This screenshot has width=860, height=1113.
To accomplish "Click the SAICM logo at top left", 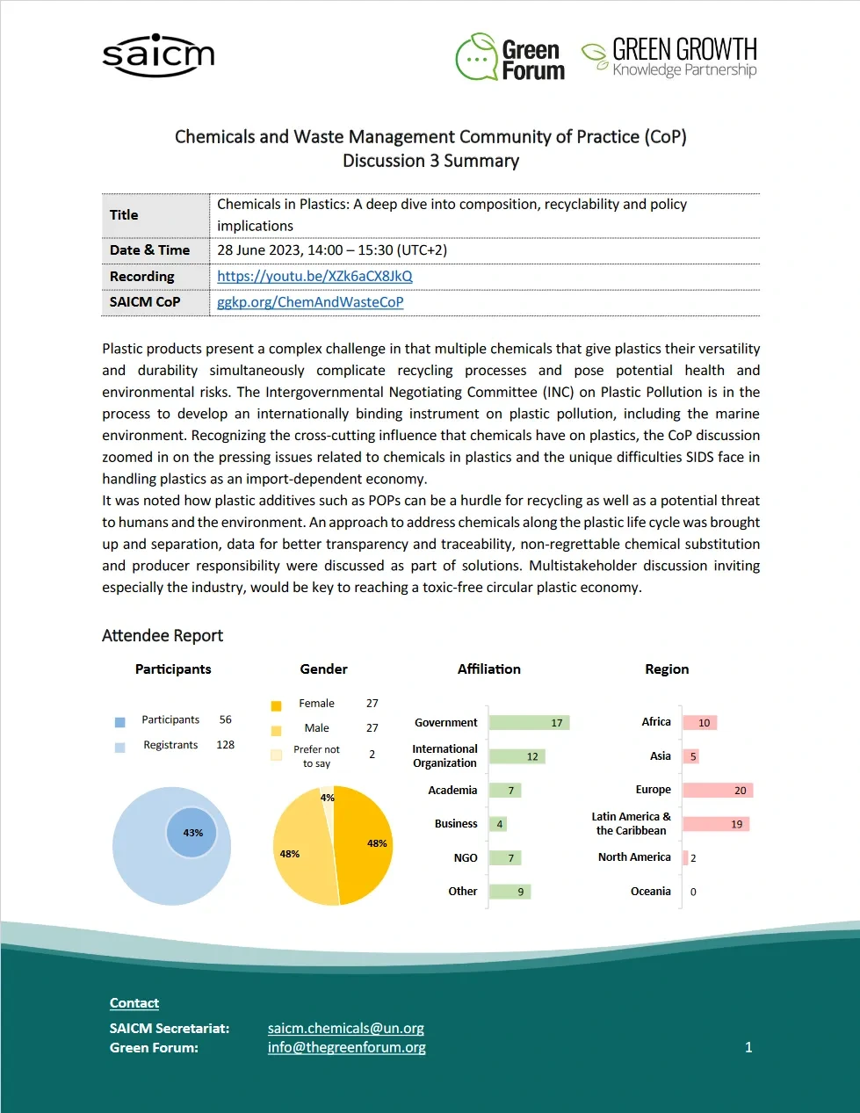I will coord(158,55).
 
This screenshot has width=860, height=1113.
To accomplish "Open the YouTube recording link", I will coord(314,276).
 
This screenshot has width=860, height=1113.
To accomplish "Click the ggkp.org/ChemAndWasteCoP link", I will coord(310,302).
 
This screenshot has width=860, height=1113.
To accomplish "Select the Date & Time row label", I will coord(149,250).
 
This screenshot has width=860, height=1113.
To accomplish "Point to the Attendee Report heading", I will coord(163,636).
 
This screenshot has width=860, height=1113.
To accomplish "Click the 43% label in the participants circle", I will coord(192,833).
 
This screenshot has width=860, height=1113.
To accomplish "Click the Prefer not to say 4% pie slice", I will coord(328,797).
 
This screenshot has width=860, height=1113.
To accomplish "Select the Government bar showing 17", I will coord(529,723).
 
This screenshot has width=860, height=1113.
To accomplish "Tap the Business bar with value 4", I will coord(498,824).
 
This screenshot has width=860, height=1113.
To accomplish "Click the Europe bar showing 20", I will coord(717,791).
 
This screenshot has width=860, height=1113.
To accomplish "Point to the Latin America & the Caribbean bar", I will coord(715,824).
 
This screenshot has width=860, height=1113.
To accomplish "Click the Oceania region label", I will coord(650,892).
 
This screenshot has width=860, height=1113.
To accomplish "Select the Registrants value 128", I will coord(225,745).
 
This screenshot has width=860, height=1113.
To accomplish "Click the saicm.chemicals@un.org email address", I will coord(345,1028).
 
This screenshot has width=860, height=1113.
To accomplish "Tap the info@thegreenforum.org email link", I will coord(346,1047).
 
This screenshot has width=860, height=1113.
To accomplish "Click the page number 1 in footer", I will coord(748,1047).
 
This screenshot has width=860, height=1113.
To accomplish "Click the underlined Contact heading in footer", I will coord(134,1003).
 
